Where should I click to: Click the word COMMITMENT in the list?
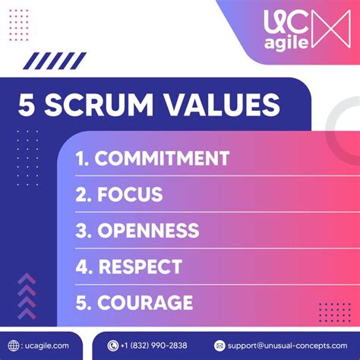(x=162, y=158)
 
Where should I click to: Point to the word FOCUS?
(x=130, y=194)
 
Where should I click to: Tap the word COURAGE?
(x=144, y=303)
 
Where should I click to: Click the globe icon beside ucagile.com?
(x=14, y=345)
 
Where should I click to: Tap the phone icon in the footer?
(x=113, y=346)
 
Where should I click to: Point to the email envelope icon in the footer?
(x=219, y=346)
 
